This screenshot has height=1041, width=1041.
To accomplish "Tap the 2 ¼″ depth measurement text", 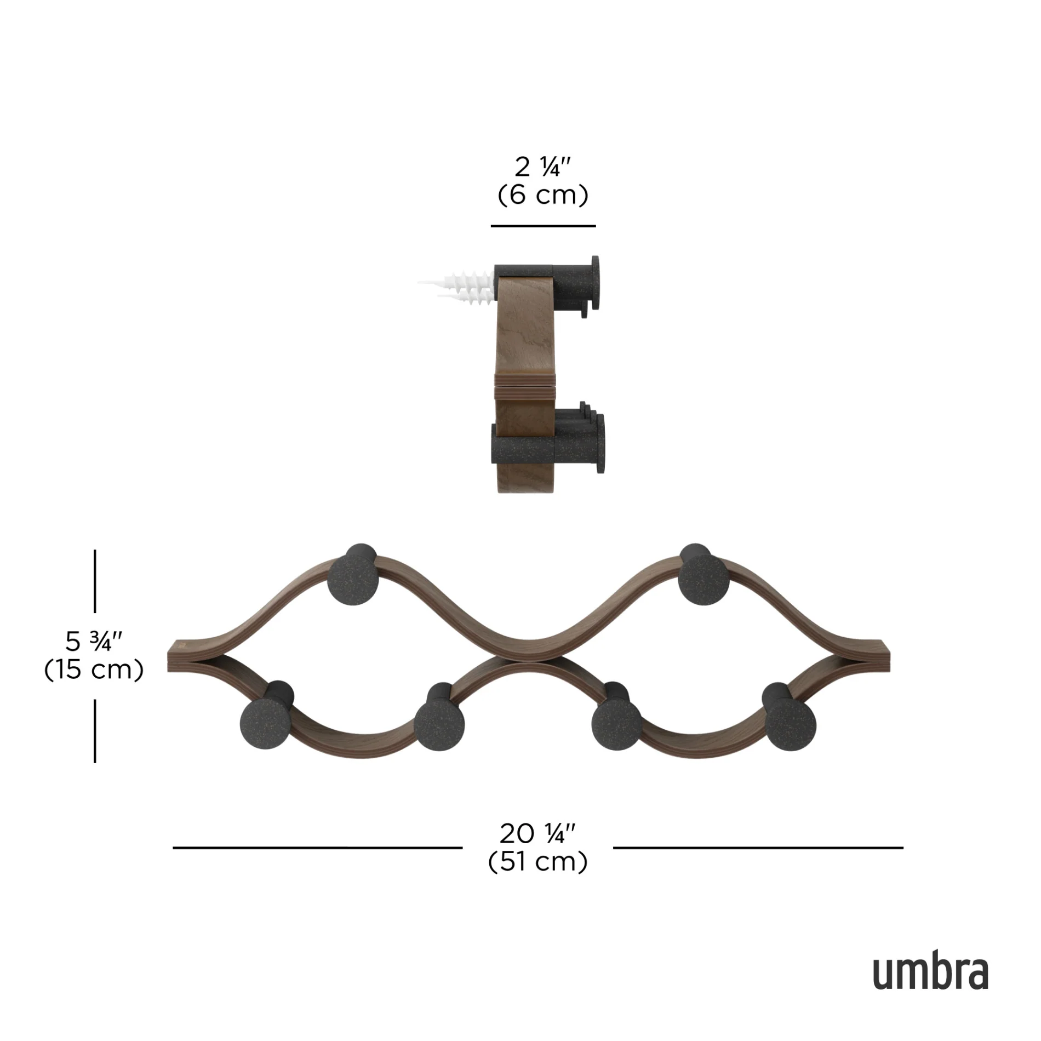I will click(x=542, y=167).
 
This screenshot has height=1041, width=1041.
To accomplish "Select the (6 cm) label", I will click(x=542, y=195).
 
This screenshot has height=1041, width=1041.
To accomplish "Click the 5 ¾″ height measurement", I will click(x=94, y=641).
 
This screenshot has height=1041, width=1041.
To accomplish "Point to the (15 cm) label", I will click(x=94, y=670).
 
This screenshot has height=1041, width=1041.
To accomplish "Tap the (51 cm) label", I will click(x=537, y=862).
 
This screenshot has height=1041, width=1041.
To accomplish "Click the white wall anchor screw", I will click(x=463, y=288).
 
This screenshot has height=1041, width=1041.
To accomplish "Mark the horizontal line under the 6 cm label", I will click(x=542, y=226).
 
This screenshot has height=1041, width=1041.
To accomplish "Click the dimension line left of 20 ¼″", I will click(x=317, y=848).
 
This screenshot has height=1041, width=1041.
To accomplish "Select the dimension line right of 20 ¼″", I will click(x=758, y=848).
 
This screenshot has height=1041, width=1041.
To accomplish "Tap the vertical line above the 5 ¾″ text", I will click(x=95, y=581).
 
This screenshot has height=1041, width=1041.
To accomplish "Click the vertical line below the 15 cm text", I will click(x=95, y=731).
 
